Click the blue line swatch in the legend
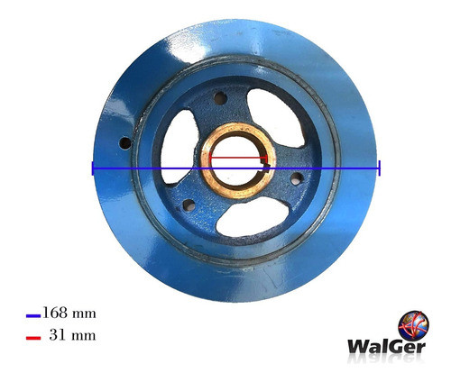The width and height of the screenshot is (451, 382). [x=33, y=315]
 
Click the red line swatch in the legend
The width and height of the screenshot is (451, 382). [x=33, y=338]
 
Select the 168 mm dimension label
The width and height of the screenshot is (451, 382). [x=69, y=313]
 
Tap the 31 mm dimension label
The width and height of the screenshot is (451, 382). [x=73, y=335]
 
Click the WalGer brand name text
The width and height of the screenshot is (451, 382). [x=387, y=347]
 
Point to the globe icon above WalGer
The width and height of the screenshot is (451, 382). [x=413, y=325]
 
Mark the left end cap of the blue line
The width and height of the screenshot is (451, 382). [x=93, y=168]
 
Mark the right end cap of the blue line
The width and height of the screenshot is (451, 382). [x=380, y=168]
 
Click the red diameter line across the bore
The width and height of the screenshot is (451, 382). [x=239, y=158]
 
